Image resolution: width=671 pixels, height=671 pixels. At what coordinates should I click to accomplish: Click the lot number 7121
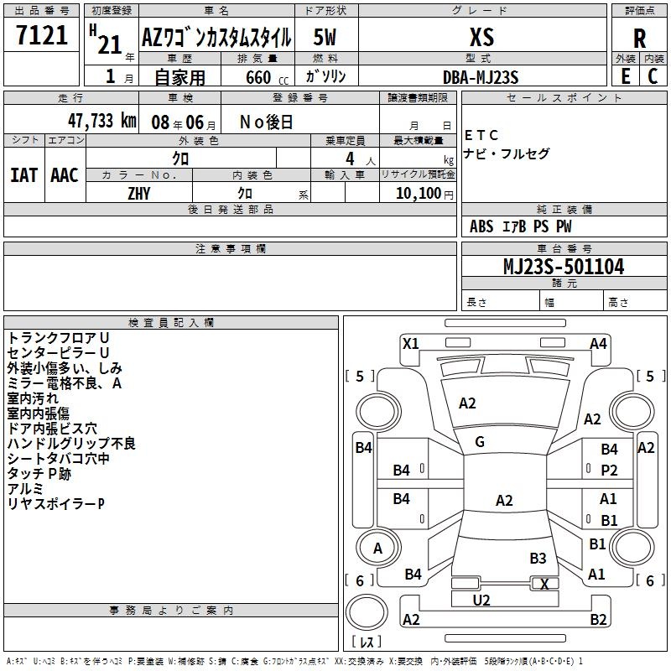tap(42, 35)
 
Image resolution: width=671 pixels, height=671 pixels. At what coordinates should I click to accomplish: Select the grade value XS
tap(481, 37)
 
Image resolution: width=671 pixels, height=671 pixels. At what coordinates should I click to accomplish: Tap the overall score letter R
tap(639, 39)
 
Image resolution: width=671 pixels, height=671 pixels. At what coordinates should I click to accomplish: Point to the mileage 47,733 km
tap(102, 121)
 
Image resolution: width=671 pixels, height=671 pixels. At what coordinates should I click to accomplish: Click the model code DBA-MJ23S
tap(481, 77)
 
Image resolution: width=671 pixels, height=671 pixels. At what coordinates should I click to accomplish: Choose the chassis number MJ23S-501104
tap(564, 267)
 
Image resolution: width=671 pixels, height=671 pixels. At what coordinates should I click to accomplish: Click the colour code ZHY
tap(139, 194)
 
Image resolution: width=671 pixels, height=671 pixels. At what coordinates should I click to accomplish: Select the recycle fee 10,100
tap(419, 194)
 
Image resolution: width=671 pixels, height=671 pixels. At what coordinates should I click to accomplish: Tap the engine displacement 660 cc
tap(267, 77)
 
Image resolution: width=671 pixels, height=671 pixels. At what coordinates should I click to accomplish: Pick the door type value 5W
tap(325, 37)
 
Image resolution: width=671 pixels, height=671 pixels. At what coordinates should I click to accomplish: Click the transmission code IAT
tap(24, 175)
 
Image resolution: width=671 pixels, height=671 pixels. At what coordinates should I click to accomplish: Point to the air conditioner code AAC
tap(65, 175)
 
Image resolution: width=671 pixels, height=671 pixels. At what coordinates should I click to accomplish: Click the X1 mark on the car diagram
tap(410, 344)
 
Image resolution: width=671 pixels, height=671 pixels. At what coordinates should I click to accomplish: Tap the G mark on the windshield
tap(480, 442)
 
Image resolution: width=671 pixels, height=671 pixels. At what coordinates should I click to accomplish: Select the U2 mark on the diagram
tap(481, 601)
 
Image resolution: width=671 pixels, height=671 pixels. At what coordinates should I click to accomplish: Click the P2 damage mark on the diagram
tap(609, 471)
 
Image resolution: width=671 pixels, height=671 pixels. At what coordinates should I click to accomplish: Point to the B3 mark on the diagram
tap(538, 558)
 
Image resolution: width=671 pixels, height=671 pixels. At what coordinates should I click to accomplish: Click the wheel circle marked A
tap(378, 548)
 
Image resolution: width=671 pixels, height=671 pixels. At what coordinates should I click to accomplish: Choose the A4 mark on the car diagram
tap(598, 344)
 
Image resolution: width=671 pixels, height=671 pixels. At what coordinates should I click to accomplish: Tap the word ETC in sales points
tap(481, 136)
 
